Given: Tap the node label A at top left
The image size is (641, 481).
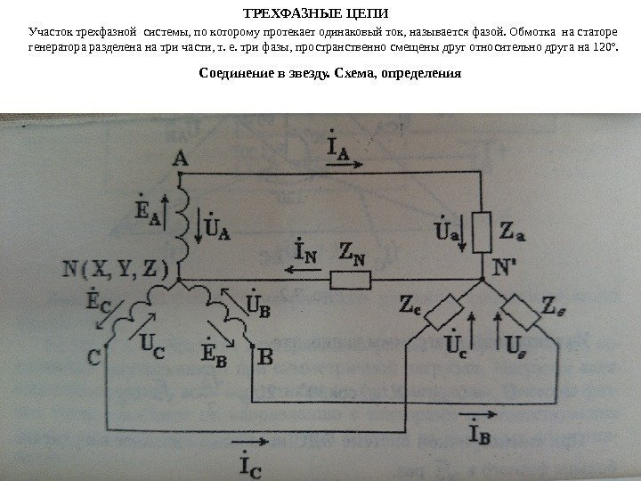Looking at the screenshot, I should pos(181,159).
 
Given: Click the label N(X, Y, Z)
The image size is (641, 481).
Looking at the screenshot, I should pos(116,266).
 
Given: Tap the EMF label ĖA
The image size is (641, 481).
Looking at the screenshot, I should pos(148,210).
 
